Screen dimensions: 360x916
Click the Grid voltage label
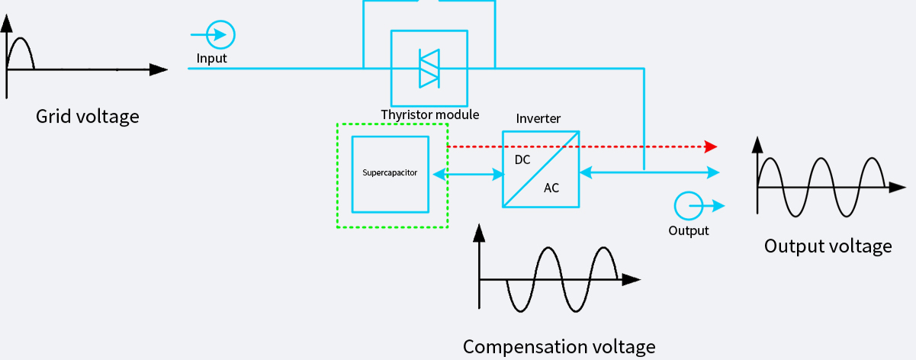[88, 117]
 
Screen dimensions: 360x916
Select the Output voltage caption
[828, 246]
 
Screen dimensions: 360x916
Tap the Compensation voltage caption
[559, 346]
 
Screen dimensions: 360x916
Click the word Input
[211, 58]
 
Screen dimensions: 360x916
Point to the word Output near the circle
[688, 230]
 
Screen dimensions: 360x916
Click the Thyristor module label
[430, 115]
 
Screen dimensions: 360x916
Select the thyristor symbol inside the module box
[429, 69]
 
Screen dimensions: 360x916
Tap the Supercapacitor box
[390, 173]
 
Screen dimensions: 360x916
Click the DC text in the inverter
[522, 160]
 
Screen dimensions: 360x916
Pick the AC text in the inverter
[551, 188]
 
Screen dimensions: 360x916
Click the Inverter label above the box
[538, 118]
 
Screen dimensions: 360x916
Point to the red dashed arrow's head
[711, 146]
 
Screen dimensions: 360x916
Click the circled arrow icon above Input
[220, 34]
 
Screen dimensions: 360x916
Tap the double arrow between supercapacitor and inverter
[467, 175]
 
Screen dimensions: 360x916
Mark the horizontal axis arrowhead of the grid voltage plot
[159, 69]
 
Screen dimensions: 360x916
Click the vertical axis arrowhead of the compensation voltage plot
[479, 231]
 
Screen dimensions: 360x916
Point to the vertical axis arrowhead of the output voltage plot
[757, 144]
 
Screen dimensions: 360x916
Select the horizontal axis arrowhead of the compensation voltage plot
[631, 280]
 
